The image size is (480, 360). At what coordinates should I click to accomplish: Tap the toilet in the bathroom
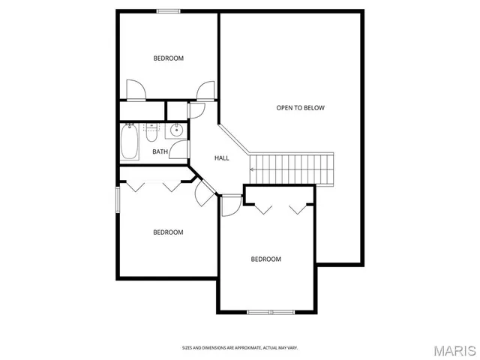coord(151,133)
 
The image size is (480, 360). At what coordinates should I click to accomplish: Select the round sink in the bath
coord(177,130)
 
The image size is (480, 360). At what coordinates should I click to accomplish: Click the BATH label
coord(160,152)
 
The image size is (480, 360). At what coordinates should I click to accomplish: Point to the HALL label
coord(222,158)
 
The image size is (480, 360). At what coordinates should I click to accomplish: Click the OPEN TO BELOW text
coord(300,108)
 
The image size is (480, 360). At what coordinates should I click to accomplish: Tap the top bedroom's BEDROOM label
coord(169,58)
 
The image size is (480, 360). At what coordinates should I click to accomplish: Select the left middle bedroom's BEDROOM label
coord(168,232)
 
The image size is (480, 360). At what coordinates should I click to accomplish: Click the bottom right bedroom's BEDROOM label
coord(265,259)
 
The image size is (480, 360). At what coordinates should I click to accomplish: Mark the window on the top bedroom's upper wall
coord(168,10)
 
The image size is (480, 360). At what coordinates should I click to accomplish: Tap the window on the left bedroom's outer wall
coord(117,200)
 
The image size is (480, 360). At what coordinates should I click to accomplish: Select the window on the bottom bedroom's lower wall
coord(270,311)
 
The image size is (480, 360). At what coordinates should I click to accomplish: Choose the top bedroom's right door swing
coord(205,91)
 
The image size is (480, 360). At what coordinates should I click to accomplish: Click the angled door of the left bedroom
coord(203,193)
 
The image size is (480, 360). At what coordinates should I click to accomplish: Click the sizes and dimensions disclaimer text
coord(240,347)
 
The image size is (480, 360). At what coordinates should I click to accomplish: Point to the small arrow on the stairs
coord(253,169)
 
